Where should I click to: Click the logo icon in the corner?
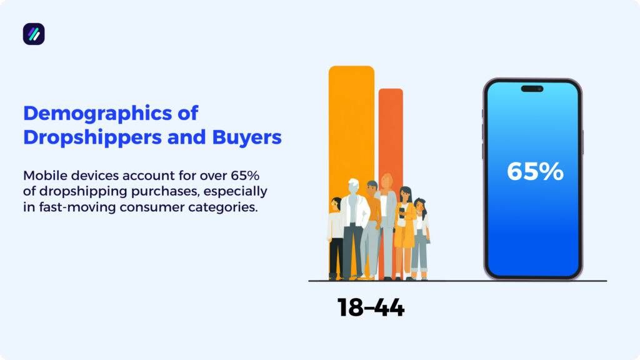pos(34,34)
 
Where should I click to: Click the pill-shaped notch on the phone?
pos(532,89)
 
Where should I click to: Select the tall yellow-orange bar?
pos(351,125)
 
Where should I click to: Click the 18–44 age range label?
pos(371,307)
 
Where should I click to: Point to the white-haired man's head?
pos(354,186)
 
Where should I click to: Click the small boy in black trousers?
pos(336,237)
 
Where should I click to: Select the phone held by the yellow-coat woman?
pos(401,212)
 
